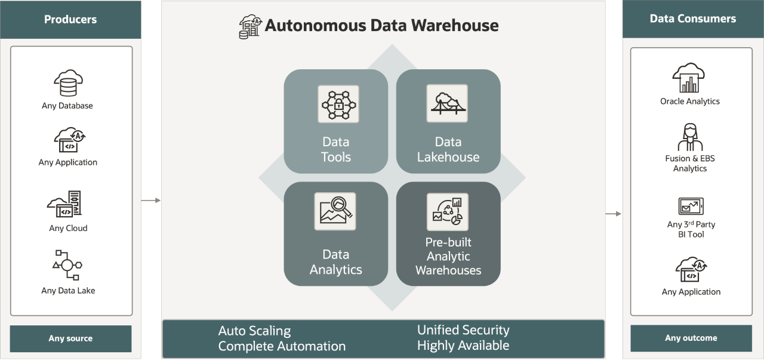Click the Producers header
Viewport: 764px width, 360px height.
click(70, 20)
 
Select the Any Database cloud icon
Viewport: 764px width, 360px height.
click(67, 84)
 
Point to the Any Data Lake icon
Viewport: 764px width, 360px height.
click(67, 266)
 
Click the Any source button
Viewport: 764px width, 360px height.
click(70, 339)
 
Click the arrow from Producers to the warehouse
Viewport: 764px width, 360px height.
click(151, 201)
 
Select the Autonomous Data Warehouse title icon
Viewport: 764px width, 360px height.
click(250, 27)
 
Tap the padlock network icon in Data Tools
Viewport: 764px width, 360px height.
click(338, 104)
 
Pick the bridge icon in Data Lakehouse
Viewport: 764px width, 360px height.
click(447, 103)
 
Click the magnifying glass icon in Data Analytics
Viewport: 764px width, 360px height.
click(335, 211)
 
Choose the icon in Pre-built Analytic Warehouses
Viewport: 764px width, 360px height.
click(447, 211)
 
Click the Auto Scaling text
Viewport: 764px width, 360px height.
click(254, 331)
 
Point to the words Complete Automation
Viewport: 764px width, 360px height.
click(282, 346)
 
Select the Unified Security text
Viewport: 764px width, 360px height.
click(463, 330)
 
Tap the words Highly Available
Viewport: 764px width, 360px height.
click(463, 346)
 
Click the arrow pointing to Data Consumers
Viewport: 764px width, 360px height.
click(613, 214)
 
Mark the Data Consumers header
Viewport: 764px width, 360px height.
click(692, 19)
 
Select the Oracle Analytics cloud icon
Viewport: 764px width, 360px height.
click(689, 78)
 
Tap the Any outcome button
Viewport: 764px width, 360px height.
click(691, 338)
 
